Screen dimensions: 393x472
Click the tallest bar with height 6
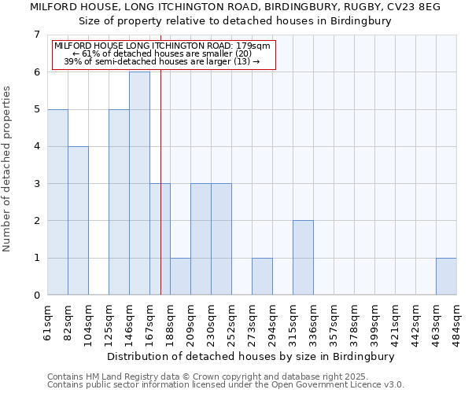pos(139,183)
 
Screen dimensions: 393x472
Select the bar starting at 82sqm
pos(78,221)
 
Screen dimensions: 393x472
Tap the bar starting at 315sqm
pos(303,258)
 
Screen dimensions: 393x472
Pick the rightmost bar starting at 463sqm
pos(446,277)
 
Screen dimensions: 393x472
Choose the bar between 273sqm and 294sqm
pos(262,277)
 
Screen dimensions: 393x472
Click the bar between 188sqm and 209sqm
pos(180,277)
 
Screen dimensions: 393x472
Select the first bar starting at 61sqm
pos(57,202)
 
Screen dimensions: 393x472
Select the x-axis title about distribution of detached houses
pos(249,356)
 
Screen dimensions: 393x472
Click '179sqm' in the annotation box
pos(256,46)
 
